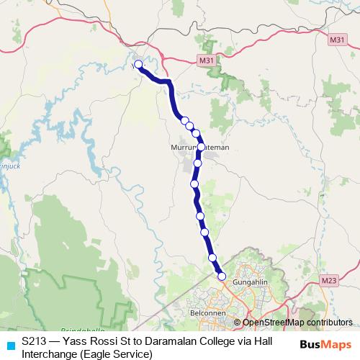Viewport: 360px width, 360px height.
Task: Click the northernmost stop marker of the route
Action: tap(138, 65)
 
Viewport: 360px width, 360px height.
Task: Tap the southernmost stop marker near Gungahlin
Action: tap(222, 276)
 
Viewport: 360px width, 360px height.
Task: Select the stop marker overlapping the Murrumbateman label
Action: tap(201, 146)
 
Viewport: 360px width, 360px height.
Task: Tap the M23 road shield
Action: tap(329, 279)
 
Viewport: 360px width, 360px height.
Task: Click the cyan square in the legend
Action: tap(9, 343)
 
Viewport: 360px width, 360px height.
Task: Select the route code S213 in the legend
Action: tap(35, 343)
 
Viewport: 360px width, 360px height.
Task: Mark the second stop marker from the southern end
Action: tap(212, 258)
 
